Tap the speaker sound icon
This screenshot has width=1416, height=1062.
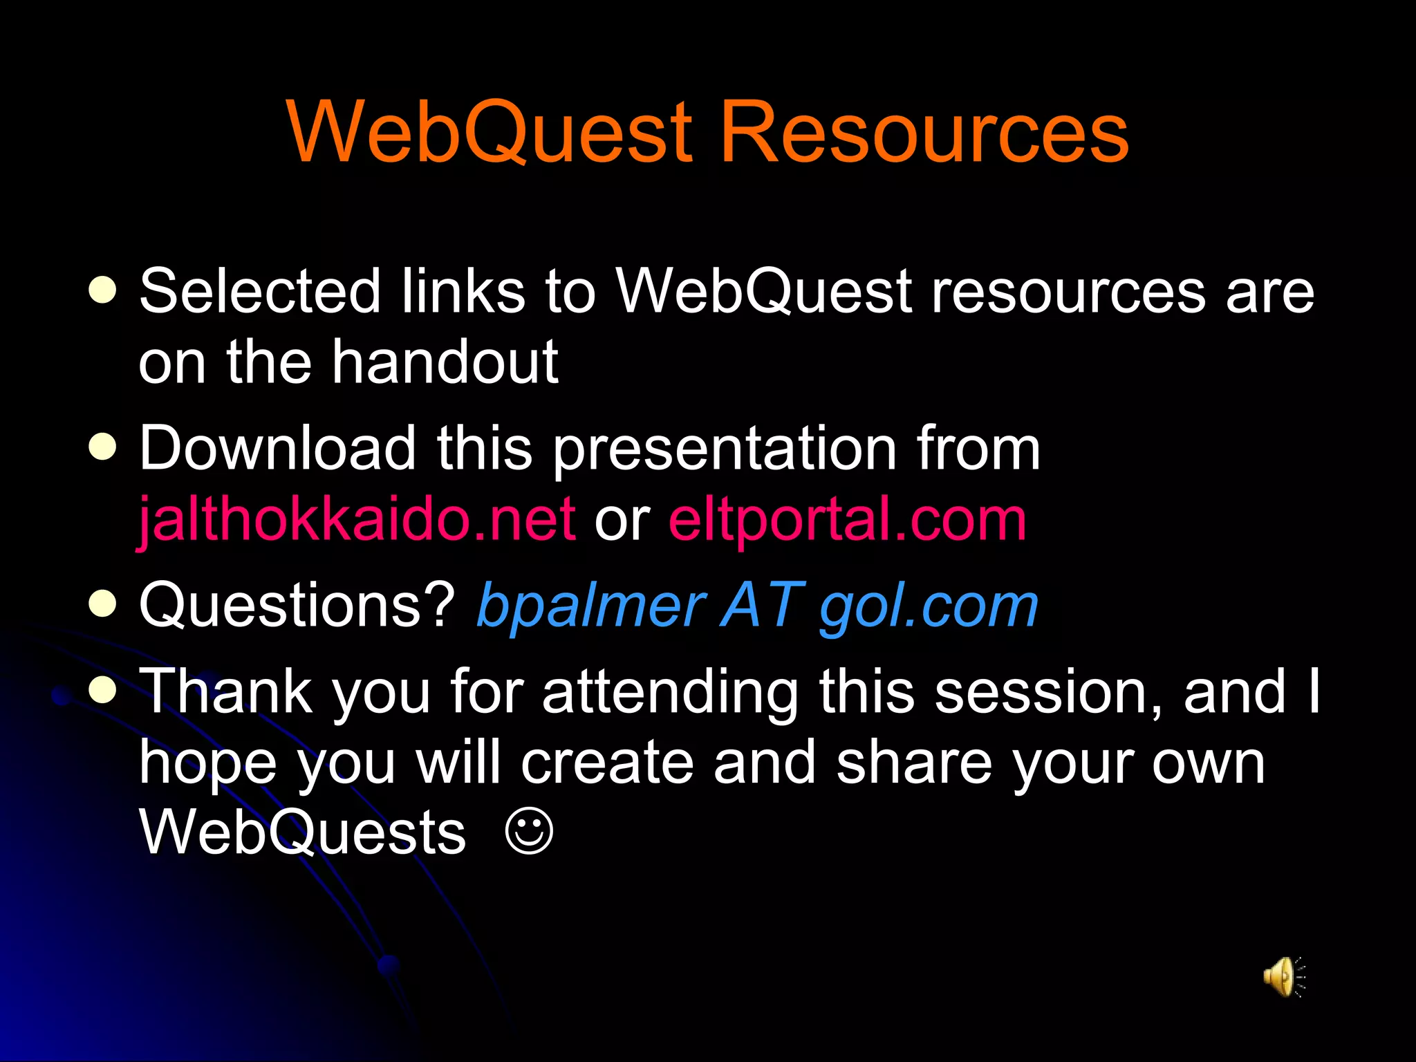[1283, 976]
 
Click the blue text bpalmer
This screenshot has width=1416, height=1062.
[592, 606]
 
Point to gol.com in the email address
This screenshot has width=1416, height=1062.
[929, 606]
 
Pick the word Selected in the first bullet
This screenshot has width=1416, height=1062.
[260, 291]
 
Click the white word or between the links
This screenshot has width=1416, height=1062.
[622, 520]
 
